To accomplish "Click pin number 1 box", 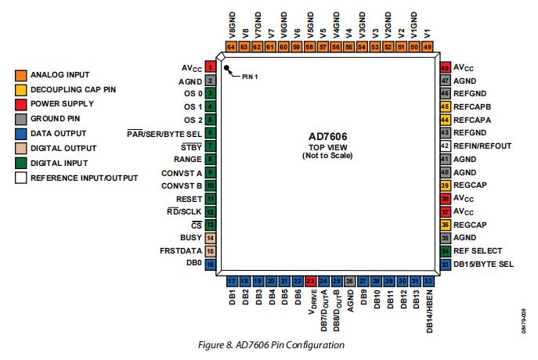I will tap(211, 67).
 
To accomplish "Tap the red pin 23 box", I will tap(310, 280).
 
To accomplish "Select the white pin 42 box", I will tap(445, 146).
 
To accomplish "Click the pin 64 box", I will tap(231, 46).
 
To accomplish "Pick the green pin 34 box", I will tap(445, 251).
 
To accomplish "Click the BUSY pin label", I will tap(192, 237).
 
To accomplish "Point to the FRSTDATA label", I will tap(181, 250).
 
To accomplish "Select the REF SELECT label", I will tap(478, 251).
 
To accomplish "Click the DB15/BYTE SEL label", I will tap(484, 265).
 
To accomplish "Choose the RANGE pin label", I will tap(190, 159).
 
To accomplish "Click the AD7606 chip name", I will tap(327, 136).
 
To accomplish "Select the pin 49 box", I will tap(427, 46).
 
